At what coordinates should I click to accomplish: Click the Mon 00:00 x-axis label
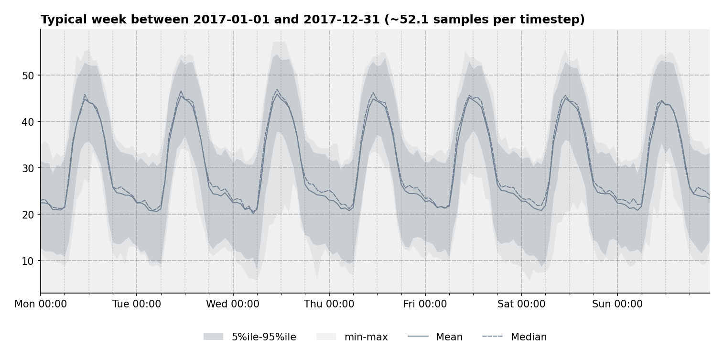[x=41, y=305]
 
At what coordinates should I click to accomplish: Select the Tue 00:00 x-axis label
[x=137, y=305]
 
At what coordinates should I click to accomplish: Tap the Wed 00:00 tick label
[x=233, y=305]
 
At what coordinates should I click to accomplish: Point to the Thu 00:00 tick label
[x=329, y=305]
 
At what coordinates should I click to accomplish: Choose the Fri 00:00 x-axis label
[x=425, y=305]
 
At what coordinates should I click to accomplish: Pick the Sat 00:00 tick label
[x=521, y=305]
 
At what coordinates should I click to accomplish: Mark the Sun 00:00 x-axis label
[x=617, y=305]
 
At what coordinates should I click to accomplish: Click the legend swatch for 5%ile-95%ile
[x=213, y=337]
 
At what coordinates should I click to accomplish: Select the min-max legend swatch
[x=326, y=337]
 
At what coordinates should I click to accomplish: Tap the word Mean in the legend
[x=449, y=337]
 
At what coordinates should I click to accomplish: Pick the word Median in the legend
[x=529, y=337]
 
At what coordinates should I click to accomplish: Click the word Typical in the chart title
[x=64, y=20]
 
